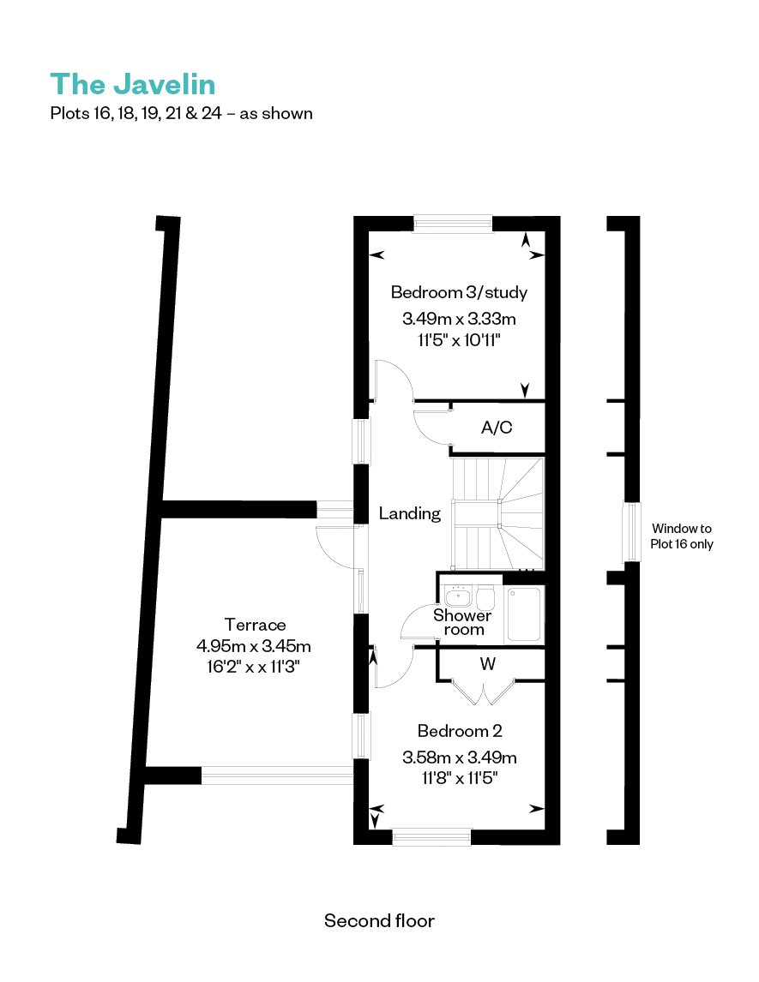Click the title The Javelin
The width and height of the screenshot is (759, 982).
pos(133,85)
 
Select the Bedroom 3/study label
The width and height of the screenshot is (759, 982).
pos(459,292)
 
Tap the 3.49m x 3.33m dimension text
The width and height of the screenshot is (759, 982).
pos(459,319)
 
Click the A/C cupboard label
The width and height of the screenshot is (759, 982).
pos(497,427)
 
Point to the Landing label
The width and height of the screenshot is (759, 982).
pos(410,513)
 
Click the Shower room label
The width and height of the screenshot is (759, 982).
pos(462,622)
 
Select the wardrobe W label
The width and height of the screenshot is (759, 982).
pos(488,664)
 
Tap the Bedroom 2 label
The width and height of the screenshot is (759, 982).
pos(460,731)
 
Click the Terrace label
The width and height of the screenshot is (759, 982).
pos(255,625)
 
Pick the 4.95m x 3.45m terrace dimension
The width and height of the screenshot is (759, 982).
pos(254,646)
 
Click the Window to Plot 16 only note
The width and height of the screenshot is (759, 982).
pos(682,536)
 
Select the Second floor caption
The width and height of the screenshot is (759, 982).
pos(379,920)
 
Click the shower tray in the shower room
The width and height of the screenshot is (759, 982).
pos(523,614)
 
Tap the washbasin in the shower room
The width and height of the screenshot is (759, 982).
pos(457,596)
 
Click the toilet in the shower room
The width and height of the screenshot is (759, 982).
pos(485,597)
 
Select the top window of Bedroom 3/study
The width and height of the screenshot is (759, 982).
pos(453,224)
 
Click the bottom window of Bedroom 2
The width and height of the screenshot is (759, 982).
pos(432,836)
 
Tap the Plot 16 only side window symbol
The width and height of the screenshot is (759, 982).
pos(631,532)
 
